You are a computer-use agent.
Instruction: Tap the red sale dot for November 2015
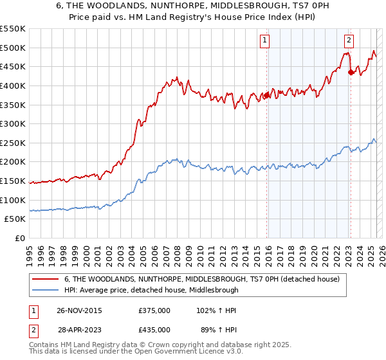click(x=266, y=96)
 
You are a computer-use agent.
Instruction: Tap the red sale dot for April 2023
click(x=351, y=73)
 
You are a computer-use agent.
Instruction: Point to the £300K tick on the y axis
click(x=13, y=123)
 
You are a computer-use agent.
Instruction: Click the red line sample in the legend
click(x=46, y=280)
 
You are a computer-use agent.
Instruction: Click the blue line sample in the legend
click(x=46, y=290)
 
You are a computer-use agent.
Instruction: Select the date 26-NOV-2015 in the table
click(x=80, y=310)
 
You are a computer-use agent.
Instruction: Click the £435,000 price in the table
click(x=154, y=329)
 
